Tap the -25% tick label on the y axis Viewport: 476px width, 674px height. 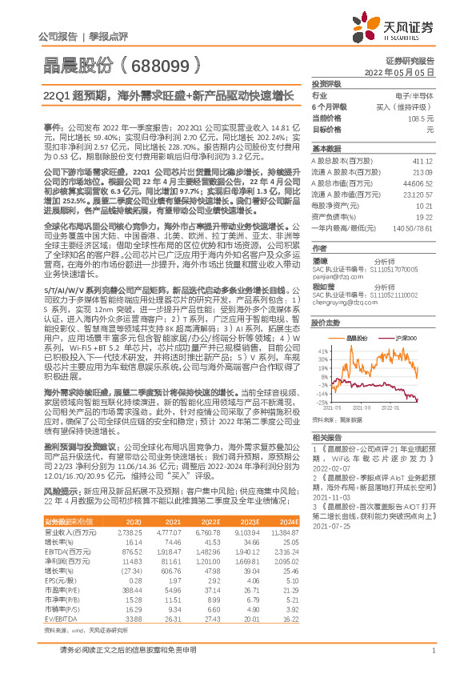coord(320,403)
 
